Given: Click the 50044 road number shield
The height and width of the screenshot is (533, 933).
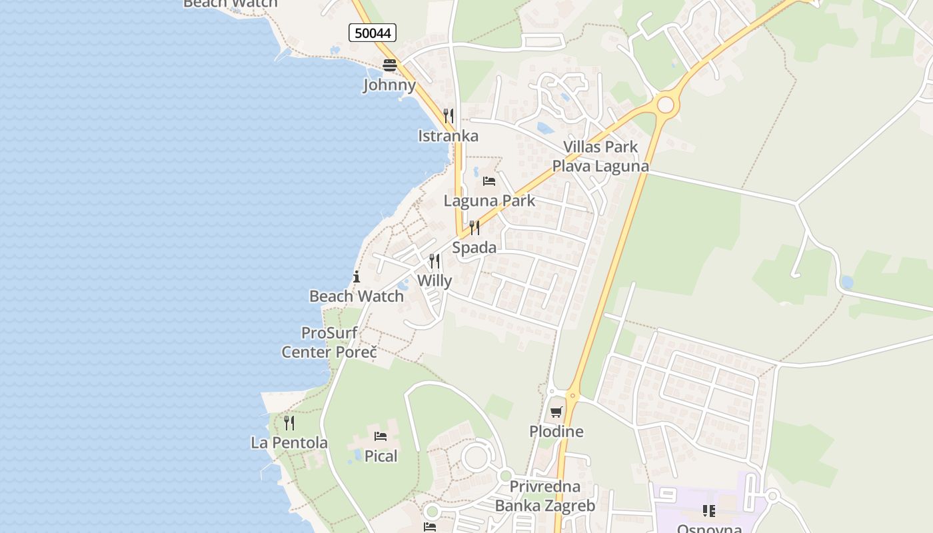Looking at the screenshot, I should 373,33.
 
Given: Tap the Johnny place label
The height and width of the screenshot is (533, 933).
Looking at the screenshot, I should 389,85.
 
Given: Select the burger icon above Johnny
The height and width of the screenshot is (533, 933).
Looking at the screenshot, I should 390,65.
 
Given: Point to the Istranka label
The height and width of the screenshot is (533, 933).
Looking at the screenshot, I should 448,136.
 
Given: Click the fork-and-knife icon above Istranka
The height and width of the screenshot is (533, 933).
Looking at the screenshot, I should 449,116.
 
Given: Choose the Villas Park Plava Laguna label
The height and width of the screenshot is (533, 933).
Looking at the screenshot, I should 600,157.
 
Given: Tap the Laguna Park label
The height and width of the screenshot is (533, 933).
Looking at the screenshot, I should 489,201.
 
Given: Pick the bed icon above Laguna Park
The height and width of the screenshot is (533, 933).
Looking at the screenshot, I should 489,181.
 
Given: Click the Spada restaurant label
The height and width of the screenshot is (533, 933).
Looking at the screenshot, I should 474,248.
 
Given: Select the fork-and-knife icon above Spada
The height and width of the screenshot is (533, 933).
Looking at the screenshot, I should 474,228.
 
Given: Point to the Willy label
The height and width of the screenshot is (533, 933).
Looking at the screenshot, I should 435,281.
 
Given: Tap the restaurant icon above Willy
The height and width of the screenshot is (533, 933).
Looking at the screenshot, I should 435,261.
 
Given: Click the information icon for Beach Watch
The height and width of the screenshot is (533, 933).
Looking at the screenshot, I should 357,276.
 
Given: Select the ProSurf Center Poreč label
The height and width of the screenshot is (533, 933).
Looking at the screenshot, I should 329,342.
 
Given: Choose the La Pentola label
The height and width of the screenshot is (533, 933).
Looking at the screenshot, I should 289,442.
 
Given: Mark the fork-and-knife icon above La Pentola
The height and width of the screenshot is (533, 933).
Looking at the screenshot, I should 289,422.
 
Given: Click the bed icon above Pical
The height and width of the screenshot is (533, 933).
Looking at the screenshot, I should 381,436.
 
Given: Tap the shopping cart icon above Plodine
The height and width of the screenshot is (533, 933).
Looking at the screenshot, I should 556,412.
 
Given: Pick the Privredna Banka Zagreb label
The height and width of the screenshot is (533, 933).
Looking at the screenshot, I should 545,496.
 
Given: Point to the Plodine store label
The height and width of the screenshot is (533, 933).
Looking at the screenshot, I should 556,432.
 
